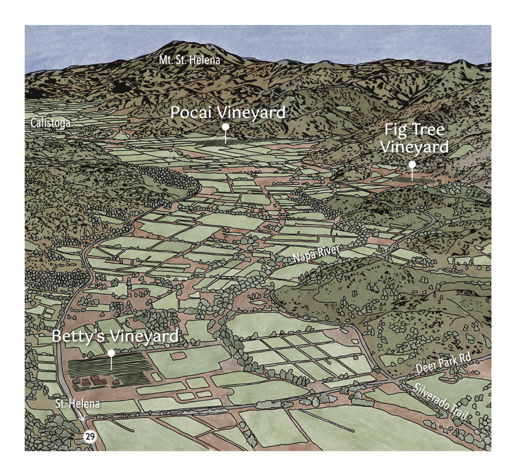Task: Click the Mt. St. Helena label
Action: click(190, 60)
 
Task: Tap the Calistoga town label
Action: click(50, 123)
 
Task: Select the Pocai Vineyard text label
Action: click(228, 112)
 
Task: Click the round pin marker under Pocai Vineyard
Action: click(226, 127)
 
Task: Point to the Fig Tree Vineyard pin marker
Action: click(412, 164)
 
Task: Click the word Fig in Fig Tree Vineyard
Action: click(396, 130)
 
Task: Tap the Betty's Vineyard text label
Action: click(115, 336)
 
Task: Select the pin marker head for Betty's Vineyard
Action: click(111, 353)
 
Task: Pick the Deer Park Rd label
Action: click(443, 363)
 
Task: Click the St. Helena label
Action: click(78, 404)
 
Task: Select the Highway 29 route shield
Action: click(90, 437)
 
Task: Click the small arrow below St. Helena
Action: click(82, 418)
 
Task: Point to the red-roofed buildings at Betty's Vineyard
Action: click(96, 381)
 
